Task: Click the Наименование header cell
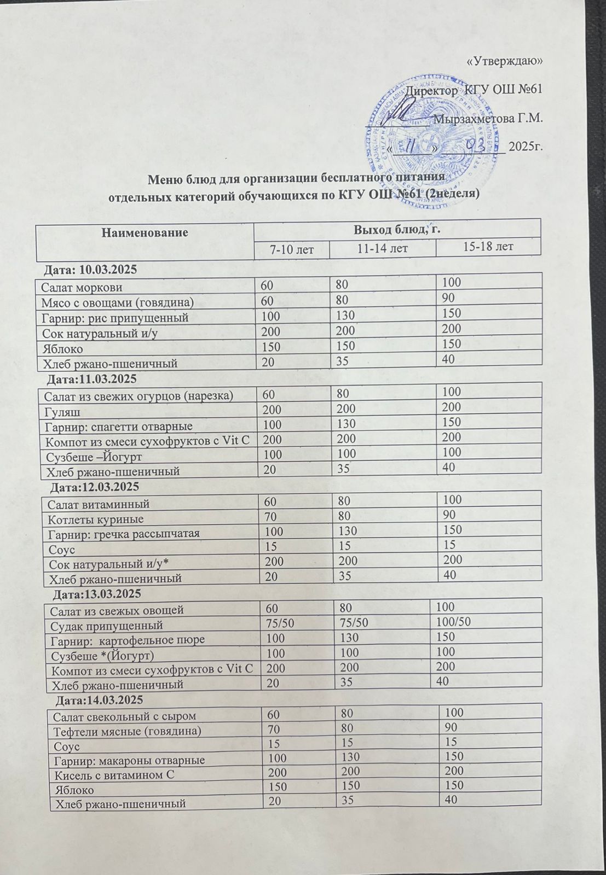tap(145, 232)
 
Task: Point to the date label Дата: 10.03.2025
tap(90, 270)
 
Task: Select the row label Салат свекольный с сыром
tap(122, 715)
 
